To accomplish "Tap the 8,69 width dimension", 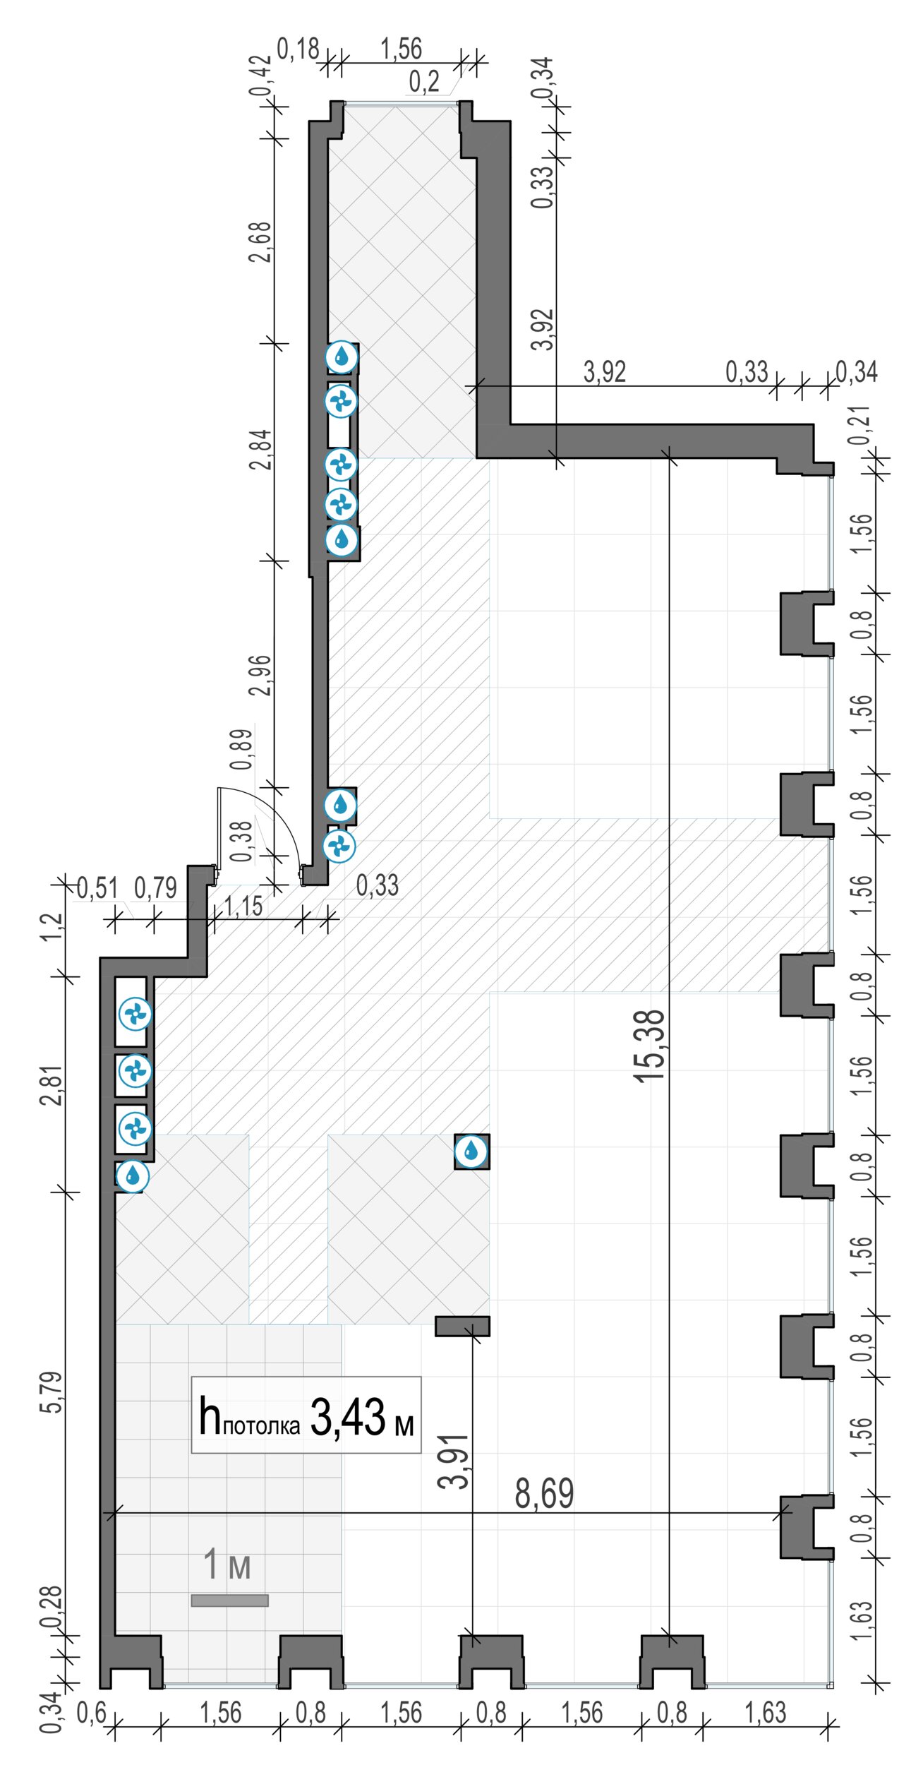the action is click(544, 1493).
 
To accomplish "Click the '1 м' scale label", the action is click(227, 1564).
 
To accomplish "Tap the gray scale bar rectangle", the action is click(229, 1601).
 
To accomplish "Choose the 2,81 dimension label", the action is click(52, 1085).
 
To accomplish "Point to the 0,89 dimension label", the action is click(241, 749).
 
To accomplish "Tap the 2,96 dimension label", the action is click(260, 676).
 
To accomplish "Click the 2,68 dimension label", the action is click(260, 242).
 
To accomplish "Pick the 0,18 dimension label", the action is click(298, 49).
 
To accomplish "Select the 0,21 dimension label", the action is click(860, 426).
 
